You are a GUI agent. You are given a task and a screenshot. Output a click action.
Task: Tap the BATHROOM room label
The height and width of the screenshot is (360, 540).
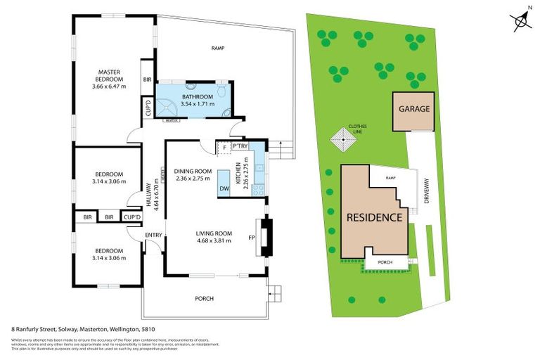(197, 97)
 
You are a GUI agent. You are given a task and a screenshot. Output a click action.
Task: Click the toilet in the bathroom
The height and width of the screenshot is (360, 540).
(221, 91)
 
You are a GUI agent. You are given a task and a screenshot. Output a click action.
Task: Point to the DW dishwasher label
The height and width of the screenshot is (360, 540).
(224, 188)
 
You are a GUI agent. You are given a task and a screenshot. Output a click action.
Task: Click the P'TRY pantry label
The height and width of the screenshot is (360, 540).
(242, 146)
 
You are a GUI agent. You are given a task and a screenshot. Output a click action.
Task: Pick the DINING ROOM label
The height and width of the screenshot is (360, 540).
(193, 171)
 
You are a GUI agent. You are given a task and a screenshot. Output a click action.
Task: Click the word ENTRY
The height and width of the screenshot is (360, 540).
(153, 235)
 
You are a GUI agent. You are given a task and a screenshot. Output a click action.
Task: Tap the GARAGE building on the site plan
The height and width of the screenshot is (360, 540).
(413, 110)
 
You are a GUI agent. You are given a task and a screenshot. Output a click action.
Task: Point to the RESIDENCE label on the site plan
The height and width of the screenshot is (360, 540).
(374, 217)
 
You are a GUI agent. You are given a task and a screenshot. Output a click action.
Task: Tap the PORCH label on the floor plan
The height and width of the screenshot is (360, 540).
(204, 299)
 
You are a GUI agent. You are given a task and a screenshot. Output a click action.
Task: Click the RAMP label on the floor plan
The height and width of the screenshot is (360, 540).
(217, 49)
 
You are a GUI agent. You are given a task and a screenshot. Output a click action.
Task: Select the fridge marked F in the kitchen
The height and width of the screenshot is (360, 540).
(224, 146)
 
